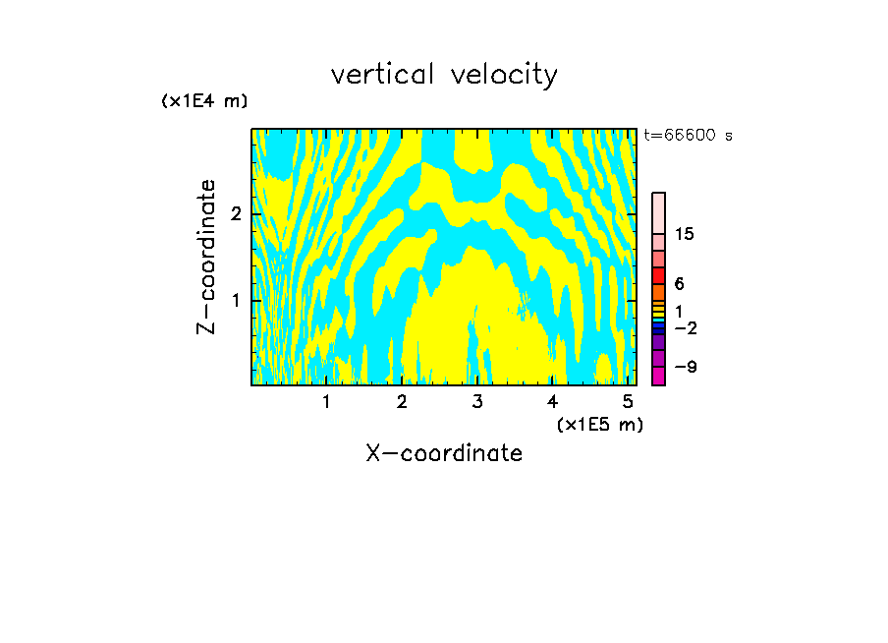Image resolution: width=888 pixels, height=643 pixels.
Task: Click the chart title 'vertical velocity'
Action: click(x=444, y=75)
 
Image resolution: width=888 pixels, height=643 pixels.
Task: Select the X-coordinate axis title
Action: click(x=444, y=453)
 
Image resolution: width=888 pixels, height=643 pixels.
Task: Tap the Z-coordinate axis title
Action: click(x=206, y=257)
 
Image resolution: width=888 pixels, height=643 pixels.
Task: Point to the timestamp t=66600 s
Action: click(x=688, y=136)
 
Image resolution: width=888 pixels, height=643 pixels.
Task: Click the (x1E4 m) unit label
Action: click(x=204, y=101)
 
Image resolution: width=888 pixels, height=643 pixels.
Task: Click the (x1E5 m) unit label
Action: click(x=599, y=424)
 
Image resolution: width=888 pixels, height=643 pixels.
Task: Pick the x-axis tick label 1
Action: click(x=326, y=402)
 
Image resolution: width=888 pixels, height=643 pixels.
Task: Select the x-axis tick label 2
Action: click(x=402, y=402)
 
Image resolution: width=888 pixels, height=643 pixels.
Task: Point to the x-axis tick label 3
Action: click(x=477, y=402)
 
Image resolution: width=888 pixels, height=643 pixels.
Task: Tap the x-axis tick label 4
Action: click(x=552, y=402)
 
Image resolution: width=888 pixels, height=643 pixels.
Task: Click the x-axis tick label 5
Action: click(x=628, y=402)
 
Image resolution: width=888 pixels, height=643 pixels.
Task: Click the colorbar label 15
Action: click(x=685, y=234)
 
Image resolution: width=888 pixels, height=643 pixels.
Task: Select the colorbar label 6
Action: click(x=680, y=284)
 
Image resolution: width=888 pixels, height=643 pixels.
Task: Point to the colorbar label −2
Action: click(x=685, y=327)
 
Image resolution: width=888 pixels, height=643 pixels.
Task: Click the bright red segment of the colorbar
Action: click(x=658, y=275)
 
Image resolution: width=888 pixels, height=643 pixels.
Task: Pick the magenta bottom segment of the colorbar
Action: click(x=658, y=376)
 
